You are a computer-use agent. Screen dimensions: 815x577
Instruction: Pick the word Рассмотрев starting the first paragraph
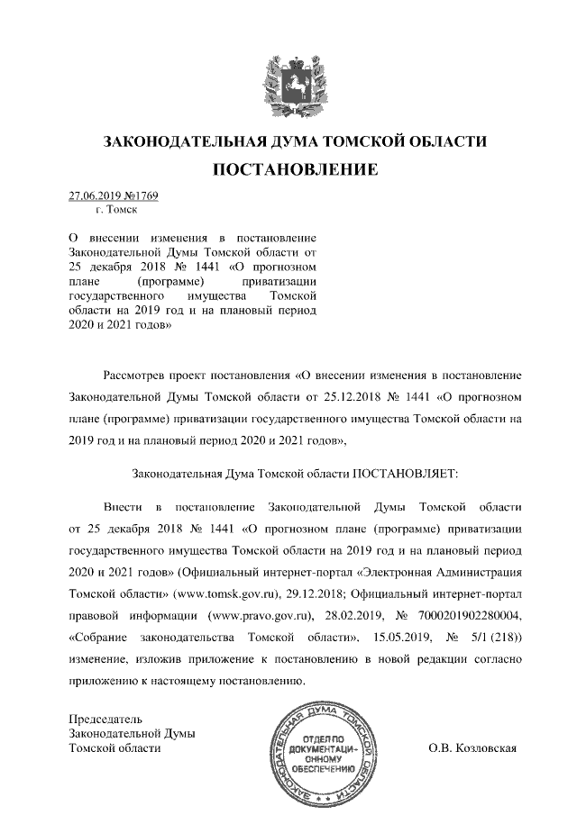(135, 371)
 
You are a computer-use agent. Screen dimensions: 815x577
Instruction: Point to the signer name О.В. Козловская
(472, 748)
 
